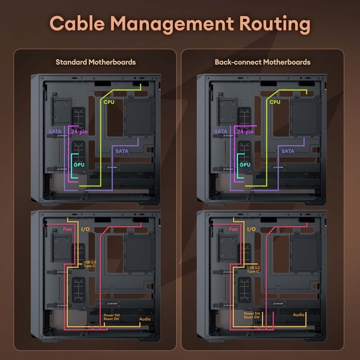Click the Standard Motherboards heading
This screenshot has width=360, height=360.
pos(95,62)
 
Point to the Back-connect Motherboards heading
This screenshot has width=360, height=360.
pos(262,62)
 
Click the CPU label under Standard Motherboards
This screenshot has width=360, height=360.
pos(109,102)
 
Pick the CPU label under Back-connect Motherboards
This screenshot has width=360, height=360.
pos(275,102)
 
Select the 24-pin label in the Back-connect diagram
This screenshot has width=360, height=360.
pos(245,131)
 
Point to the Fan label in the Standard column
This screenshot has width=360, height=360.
pos(67,229)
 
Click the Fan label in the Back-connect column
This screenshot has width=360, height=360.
pos(233,229)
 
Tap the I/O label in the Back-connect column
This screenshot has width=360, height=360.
pos(251,229)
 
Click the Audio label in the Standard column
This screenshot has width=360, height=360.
pos(144,320)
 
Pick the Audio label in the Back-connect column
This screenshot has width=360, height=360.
pos(299,314)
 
